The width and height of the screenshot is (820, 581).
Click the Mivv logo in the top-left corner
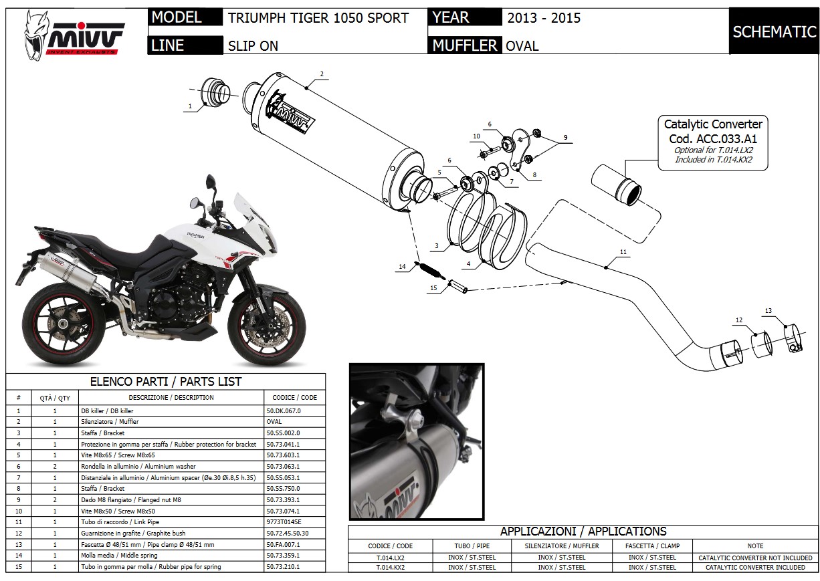[x=75, y=34]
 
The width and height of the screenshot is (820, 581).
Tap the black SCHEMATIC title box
[x=774, y=31]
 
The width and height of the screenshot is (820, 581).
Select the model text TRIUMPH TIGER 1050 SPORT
[x=318, y=18]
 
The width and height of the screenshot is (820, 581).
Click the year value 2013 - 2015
[x=544, y=18]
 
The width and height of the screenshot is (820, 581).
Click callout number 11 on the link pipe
[x=623, y=252]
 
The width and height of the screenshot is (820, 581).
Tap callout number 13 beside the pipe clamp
[x=768, y=311]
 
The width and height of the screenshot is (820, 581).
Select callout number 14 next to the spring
[x=402, y=267]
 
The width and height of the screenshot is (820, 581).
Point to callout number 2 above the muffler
[x=322, y=74]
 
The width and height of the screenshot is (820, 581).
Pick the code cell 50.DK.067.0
[x=284, y=411]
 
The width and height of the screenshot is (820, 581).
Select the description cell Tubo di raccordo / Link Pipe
[x=120, y=521]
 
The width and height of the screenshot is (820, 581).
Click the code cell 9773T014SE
[x=284, y=521]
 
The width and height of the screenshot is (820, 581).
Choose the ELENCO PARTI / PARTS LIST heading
[x=166, y=382]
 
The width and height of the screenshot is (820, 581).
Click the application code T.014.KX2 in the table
[x=391, y=567]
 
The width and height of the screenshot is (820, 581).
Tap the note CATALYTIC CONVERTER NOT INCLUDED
[x=755, y=557]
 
